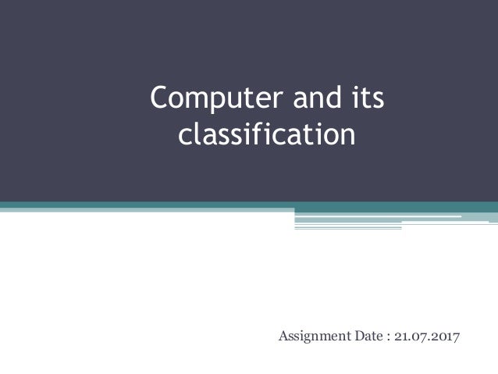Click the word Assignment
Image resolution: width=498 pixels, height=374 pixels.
(315, 337)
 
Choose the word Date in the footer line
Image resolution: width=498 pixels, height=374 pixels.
(370, 337)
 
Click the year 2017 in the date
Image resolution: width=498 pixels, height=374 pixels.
(446, 337)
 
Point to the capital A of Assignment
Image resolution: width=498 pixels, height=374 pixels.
(283, 337)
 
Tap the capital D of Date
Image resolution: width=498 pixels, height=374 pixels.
(361, 337)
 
